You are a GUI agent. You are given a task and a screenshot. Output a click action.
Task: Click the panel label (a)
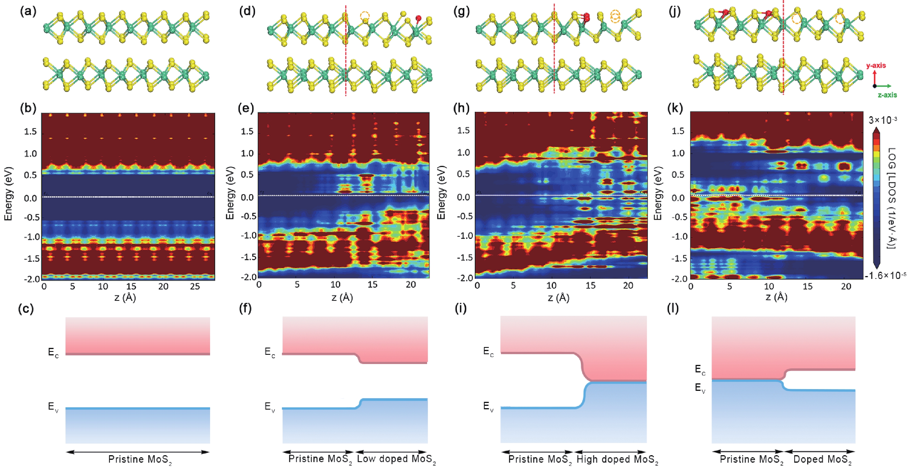(x=28, y=12)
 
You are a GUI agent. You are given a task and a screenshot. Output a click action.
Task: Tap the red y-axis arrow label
(x=876, y=65)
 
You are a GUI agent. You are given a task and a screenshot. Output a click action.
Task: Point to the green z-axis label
(x=887, y=95)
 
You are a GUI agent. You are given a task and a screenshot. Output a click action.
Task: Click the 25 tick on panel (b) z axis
(x=195, y=286)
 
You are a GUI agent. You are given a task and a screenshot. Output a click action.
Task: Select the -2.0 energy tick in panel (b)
(x=31, y=279)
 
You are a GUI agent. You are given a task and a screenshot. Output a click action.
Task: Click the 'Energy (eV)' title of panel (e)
(x=230, y=193)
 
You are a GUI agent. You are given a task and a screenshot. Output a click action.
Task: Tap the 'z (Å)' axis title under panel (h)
(x=558, y=298)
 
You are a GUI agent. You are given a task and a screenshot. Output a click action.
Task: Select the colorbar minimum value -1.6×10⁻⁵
(x=885, y=275)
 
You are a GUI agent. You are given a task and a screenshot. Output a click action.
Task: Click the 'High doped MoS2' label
(x=617, y=460)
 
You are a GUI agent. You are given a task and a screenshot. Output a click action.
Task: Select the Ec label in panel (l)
(x=700, y=370)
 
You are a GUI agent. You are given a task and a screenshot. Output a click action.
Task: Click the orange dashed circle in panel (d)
(x=364, y=16)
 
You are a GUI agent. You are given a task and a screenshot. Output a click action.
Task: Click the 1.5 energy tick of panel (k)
(x=678, y=131)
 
